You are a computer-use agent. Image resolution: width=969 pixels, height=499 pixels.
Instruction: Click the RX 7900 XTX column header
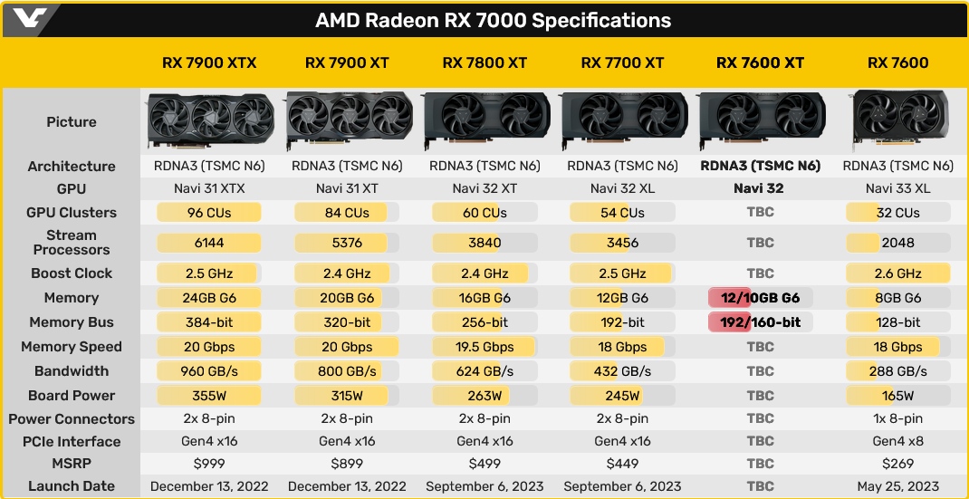pos(209,62)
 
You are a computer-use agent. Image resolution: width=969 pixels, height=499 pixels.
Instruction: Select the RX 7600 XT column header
pos(760,62)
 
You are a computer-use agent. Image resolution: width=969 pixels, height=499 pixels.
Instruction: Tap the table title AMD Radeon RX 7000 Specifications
pos(494,20)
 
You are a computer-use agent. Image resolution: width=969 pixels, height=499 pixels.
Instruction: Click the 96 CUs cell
pos(209,213)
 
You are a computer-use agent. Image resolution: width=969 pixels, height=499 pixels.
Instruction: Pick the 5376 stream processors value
pos(347,243)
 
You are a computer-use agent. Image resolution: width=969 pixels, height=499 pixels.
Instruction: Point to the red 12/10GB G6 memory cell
pos(760,298)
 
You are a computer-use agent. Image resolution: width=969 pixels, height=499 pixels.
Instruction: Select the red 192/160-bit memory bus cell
pos(760,322)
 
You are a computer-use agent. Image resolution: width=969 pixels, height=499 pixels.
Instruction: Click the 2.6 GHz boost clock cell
pos(897,273)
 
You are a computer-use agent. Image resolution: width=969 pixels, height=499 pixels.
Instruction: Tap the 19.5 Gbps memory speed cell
pos(484,347)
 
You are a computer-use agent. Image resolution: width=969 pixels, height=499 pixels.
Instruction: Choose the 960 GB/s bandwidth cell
pos(209,371)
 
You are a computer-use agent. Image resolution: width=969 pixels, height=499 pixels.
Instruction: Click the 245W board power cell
pos(622,396)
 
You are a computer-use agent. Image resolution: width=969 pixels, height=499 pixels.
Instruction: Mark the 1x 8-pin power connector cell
pos(897,419)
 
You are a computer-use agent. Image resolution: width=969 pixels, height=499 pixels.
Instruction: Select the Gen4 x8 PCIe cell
pos(897,442)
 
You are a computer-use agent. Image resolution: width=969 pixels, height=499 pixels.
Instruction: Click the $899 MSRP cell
pos(347,465)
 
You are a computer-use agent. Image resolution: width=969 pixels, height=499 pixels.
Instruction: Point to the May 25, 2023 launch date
pos(897,486)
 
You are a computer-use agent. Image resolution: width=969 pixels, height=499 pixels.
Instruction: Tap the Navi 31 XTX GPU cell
pos(209,188)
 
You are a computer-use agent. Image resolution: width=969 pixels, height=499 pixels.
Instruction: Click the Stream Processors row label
pos(71,243)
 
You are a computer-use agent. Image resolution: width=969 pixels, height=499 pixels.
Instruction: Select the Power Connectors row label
pos(71,419)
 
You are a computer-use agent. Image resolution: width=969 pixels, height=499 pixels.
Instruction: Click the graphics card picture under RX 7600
pos(899,120)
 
